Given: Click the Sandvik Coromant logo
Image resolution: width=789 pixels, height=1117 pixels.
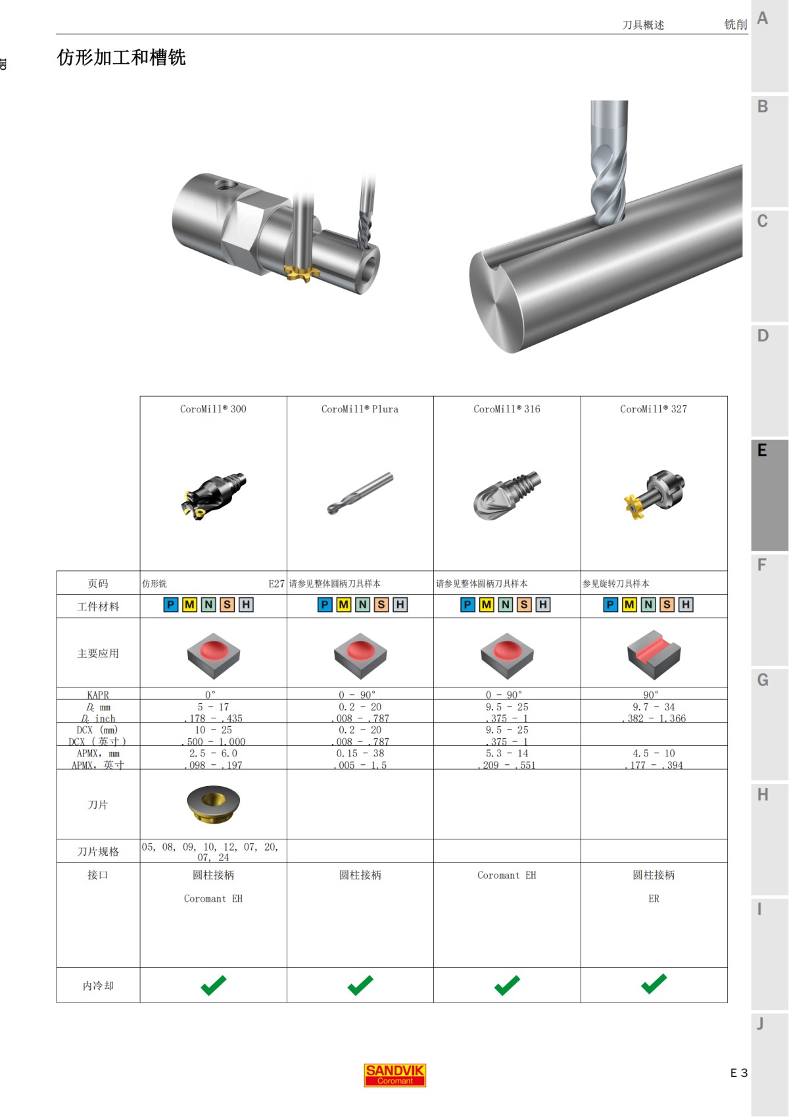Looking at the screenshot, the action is point(394,1075).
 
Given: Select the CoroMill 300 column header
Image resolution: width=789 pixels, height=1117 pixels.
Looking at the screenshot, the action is point(213,409).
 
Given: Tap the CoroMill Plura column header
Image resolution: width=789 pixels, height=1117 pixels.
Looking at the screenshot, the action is point(360,409).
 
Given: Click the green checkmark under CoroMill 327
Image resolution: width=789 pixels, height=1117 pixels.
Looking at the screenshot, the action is point(654,984).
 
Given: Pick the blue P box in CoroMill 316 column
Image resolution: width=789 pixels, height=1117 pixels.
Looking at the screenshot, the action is point(467,605).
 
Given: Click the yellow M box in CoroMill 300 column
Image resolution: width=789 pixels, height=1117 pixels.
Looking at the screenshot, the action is point(189,605).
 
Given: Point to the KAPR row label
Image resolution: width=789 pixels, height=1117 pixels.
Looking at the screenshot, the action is point(98,695).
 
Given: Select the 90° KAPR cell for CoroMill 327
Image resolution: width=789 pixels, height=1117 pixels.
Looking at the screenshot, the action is point(650,695).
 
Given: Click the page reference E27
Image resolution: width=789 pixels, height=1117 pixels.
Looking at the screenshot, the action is point(276,583).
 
